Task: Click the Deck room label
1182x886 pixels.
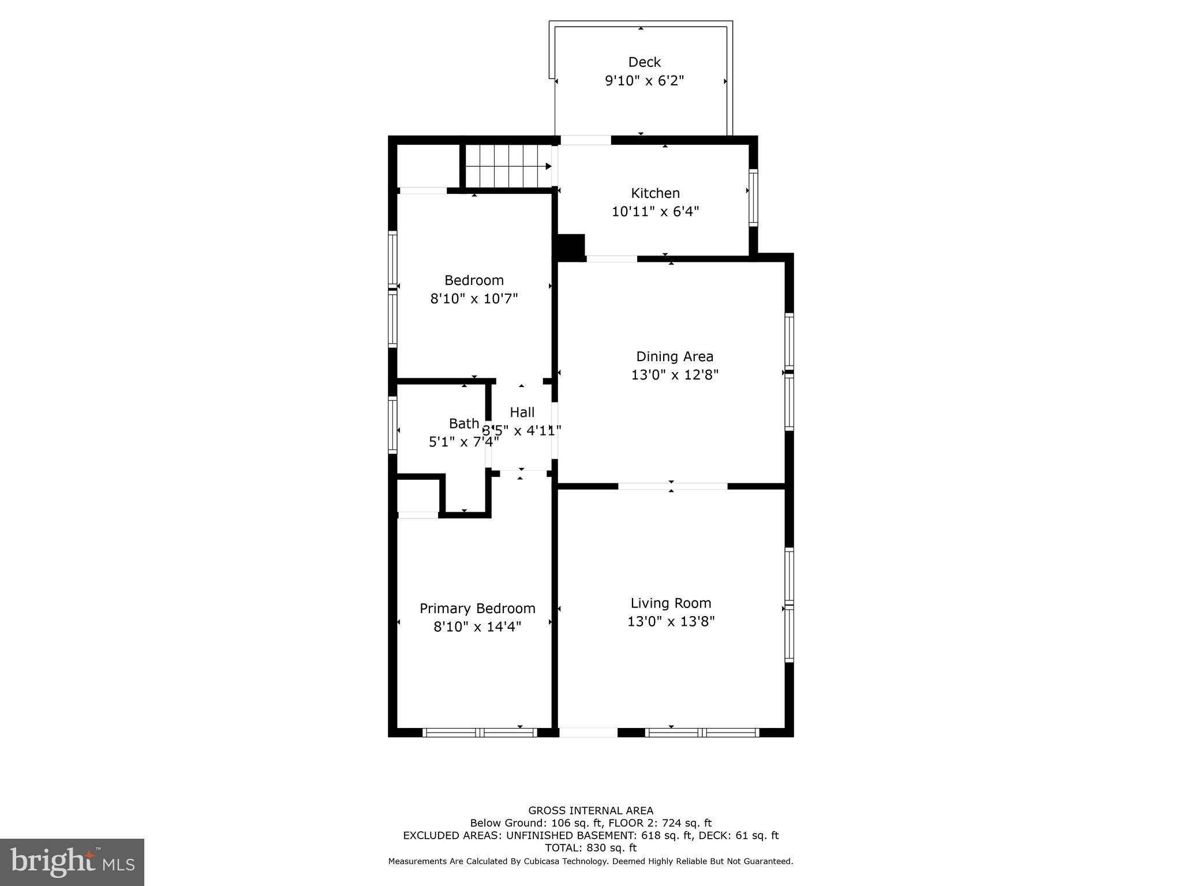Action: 644,62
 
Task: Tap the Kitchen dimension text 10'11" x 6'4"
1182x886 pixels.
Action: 655,212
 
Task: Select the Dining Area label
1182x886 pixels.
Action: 674,356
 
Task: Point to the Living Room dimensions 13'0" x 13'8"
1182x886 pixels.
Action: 671,622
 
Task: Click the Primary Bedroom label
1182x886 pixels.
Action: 477,609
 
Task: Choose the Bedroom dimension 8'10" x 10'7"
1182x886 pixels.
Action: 474,299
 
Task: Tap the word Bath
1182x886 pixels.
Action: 463,423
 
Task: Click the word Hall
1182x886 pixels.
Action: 522,412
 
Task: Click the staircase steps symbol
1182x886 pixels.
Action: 502,166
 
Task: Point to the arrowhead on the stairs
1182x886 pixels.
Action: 548,167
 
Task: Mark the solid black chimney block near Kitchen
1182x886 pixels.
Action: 570,247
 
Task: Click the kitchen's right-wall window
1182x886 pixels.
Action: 753,197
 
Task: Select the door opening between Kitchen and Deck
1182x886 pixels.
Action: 585,140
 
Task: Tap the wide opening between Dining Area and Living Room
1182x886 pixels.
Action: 672,486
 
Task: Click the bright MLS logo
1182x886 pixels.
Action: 72,862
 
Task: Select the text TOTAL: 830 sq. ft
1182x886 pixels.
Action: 590,848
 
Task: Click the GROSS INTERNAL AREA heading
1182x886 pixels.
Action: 590,810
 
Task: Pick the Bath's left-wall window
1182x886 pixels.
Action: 392,425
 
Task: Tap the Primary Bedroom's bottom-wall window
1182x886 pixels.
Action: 480,733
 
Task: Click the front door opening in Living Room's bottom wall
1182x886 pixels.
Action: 588,733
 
